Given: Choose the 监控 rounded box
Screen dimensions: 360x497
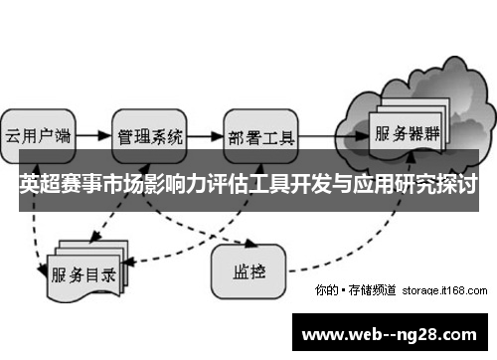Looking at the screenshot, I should coord(248,267).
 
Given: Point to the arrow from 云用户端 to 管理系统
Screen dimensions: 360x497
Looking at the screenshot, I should coord(93,133).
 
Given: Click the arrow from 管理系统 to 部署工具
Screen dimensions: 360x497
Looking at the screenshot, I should coord(205,133).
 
